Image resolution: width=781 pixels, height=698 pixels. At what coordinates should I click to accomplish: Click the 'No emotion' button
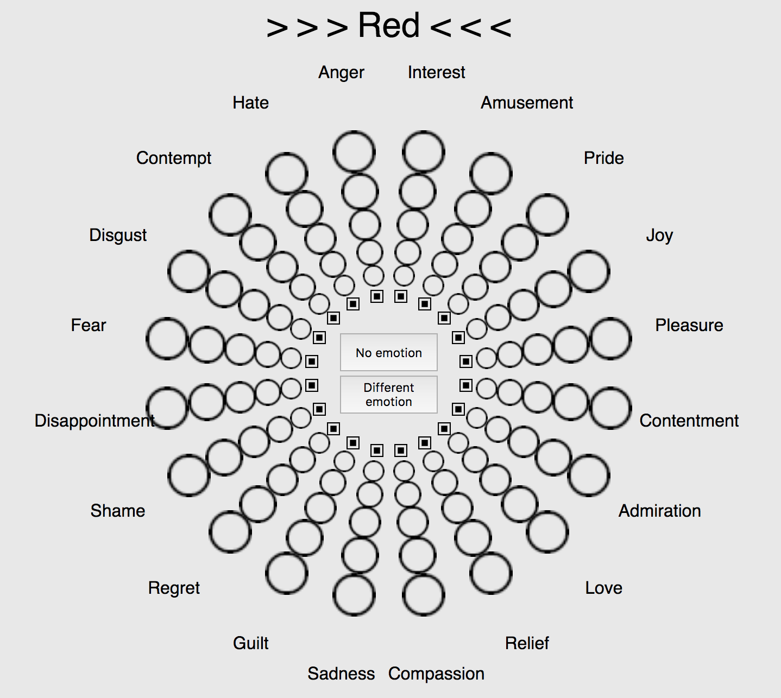[x=388, y=352]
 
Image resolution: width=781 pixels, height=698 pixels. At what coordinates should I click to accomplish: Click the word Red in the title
[x=388, y=26]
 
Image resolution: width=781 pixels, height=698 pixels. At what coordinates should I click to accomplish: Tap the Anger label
[x=341, y=72]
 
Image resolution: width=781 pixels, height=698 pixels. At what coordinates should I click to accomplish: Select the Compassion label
[x=436, y=674]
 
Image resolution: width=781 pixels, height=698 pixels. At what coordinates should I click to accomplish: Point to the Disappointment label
[x=95, y=421]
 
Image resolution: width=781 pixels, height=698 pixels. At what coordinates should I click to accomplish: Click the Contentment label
[x=689, y=421]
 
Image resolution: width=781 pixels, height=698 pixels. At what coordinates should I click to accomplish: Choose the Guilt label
[x=250, y=643]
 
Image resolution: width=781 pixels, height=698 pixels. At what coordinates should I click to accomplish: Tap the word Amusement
[x=527, y=103]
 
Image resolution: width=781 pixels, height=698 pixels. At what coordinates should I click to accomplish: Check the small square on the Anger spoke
[x=377, y=296]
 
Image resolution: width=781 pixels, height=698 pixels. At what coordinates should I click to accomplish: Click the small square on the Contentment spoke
[x=466, y=385]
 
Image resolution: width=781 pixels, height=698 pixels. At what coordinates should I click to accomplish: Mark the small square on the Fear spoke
[x=312, y=361]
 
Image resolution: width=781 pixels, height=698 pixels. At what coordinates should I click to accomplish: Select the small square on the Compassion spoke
[x=401, y=450]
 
